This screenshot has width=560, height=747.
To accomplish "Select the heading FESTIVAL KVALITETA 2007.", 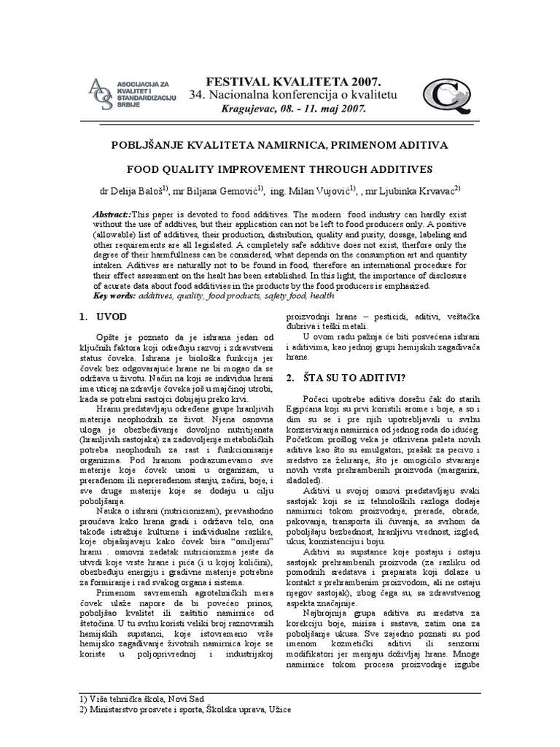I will pyautogui.click(x=283, y=81).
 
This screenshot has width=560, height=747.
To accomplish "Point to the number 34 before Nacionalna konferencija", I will pyautogui.click(x=196, y=95).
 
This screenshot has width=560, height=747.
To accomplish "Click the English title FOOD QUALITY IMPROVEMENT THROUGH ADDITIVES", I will pyautogui.click(x=280, y=169).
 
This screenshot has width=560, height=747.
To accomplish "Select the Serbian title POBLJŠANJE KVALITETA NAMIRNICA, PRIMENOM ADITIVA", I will pyautogui.click(x=280, y=145).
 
